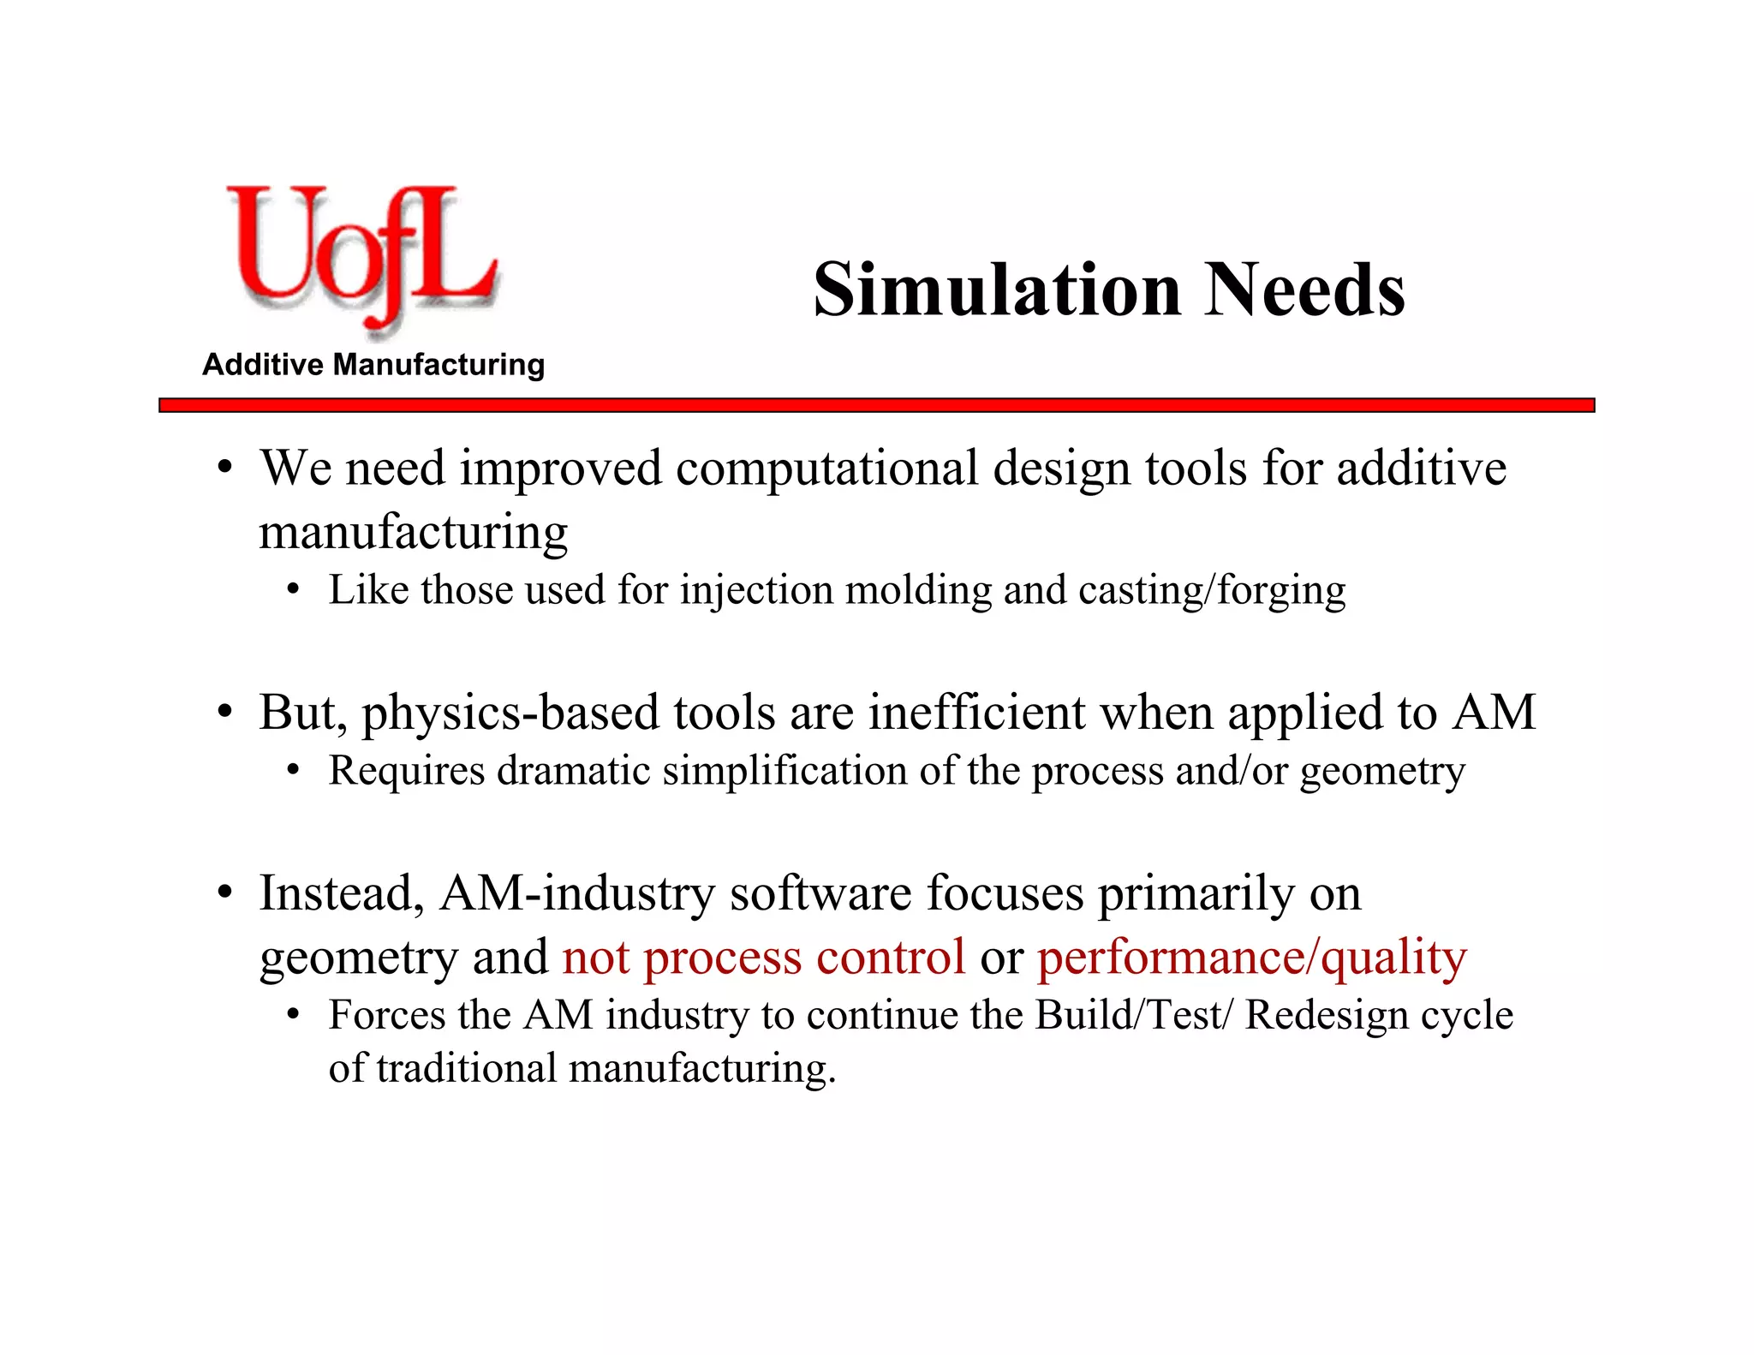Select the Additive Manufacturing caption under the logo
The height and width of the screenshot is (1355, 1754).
(x=373, y=365)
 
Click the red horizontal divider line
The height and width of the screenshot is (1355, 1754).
(x=876, y=405)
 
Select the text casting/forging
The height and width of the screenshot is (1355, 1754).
(x=1211, y=591)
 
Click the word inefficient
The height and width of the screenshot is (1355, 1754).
(x=977, y=713)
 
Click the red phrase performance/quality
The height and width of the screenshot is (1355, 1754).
(x=1252, y=957)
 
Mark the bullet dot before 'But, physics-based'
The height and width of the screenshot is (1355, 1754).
(x=224, y=712)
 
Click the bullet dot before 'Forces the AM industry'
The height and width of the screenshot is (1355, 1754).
(x=294, y=1016)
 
